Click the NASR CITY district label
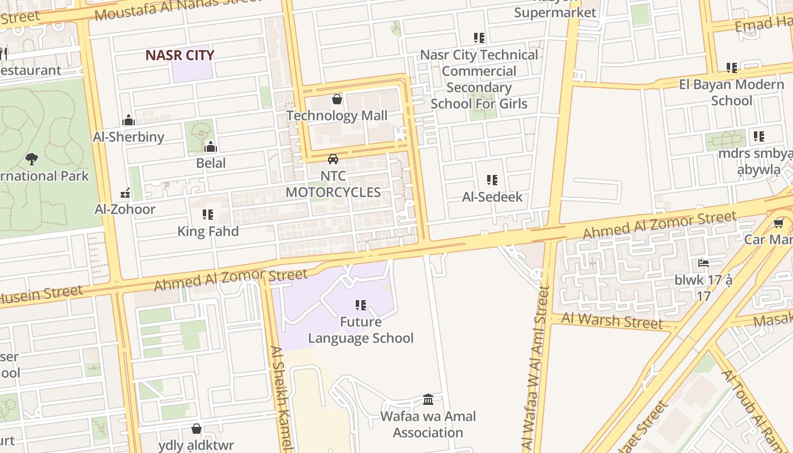[x=180, y=55]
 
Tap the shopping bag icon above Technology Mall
[x=337, y=100]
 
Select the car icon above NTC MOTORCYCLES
[x=333, y=159]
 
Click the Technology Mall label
[x=337, y=116]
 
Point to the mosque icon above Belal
[x=211, y=147]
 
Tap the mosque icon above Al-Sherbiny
[x=129, y=121]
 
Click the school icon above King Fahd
[x=208, y=215]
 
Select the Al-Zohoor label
[x=125, y=209]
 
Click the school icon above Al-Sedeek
[x=492, y=180]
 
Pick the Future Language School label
[x=360, y=330]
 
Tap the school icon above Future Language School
[x=361, y=305]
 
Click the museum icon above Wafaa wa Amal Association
[x=428, y=400]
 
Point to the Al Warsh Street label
[x=612, y=320]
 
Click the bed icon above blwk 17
[x=704, y=263]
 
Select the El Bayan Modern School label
[x=731, y=93]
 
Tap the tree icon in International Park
[x=32, y=159]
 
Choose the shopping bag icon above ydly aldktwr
[x=196, y=429]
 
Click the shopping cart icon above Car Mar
[x=779, y=223]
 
